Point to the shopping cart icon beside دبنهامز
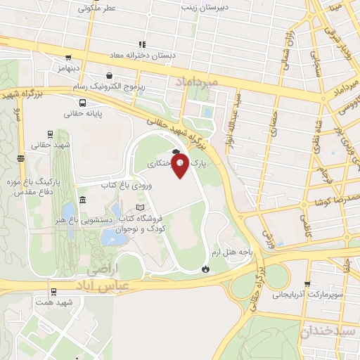click(x=67, y=58)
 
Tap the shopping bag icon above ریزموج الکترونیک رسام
click(x=109, y=75)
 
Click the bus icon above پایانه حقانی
click(x=84, y=101)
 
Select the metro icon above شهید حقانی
click(x=49, y=133)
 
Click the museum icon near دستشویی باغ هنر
click(x=84, y=202)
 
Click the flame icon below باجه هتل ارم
click(x=205, y=269)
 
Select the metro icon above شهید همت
click(x=53, y=291)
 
